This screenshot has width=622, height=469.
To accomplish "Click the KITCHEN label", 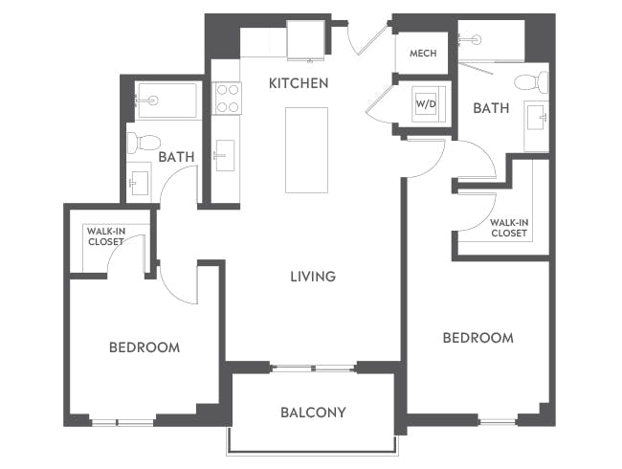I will pos(298,83).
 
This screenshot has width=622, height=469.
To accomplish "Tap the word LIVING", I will pos(313,277).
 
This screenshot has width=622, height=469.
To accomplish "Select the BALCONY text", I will pos(313,413).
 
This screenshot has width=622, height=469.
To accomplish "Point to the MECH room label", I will pos(422,54).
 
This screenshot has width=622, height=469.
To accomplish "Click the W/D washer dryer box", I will pos(425,103).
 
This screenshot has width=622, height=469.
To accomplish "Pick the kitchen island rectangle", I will pos(306,149).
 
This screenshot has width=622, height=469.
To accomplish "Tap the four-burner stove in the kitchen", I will pos(227,98).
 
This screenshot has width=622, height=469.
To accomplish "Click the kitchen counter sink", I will pos(225,155).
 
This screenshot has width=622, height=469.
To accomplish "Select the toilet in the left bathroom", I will pos(144,143).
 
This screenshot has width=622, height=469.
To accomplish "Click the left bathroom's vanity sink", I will pos(139,182).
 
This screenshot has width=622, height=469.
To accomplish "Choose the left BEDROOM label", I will pos(144,346).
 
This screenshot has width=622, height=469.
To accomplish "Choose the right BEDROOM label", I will pos(477,338).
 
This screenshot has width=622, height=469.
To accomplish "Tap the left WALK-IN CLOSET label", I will pos(105,236).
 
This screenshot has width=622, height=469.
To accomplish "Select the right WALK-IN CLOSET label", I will pos(508,228).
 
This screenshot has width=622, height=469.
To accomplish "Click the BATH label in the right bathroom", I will pos(491,108).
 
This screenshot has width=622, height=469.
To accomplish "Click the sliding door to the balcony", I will pos(313,368).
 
